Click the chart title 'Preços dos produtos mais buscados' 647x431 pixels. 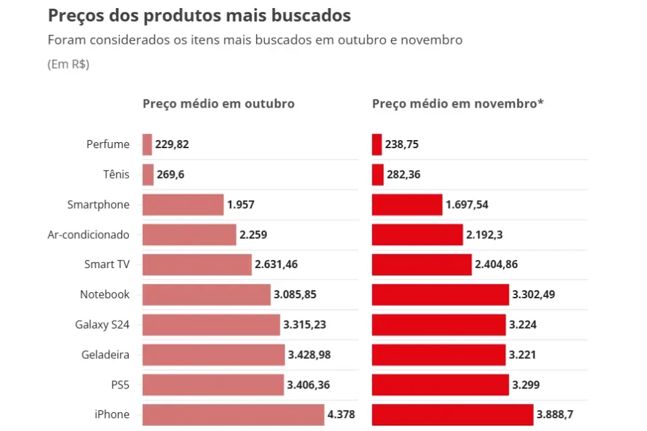click(x=199, y=15)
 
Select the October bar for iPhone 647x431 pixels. click(x=233, y=414)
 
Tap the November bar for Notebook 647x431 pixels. click(x=440, y=294)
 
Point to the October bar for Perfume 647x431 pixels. click(x=147, y=144)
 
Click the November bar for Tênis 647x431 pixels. click(x=377, y=175)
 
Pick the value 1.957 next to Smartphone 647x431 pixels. click(x=241, y=205)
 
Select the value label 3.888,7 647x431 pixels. click(x=559, y=414)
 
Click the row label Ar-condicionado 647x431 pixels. click(x=88, y=235)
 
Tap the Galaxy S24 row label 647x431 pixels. click(x=102, y=325)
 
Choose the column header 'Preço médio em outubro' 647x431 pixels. click(x=218, y=104)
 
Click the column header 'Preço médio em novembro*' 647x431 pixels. click(x=458, y=104)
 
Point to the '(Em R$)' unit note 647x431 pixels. click(x=68, y=65)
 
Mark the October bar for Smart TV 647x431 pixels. click(x=197, y=265)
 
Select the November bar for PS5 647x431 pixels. click(x=440, y=385)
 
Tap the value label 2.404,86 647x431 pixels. click(x=496, y=265)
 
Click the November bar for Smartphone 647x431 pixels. click(x=407, y=205)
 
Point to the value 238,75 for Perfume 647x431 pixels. click(x=402, y=144)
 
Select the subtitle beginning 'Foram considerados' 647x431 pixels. click(x=255, y=40)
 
